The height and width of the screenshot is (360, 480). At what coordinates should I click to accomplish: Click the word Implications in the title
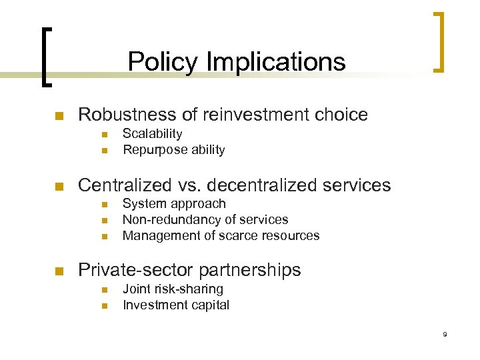[x=276, y=62]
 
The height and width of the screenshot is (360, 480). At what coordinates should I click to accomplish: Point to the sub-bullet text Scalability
[x=152, y=133]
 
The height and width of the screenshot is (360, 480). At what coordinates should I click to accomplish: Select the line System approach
[x=174, y=204]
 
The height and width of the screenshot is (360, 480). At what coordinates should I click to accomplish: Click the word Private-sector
[x=133, y=270]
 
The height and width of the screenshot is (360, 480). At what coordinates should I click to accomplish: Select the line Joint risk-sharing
[x=173, y=289]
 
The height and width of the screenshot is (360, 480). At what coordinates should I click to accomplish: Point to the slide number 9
[x=445, y=335]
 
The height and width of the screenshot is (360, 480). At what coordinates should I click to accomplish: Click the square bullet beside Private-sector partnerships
[x=58, y=271]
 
